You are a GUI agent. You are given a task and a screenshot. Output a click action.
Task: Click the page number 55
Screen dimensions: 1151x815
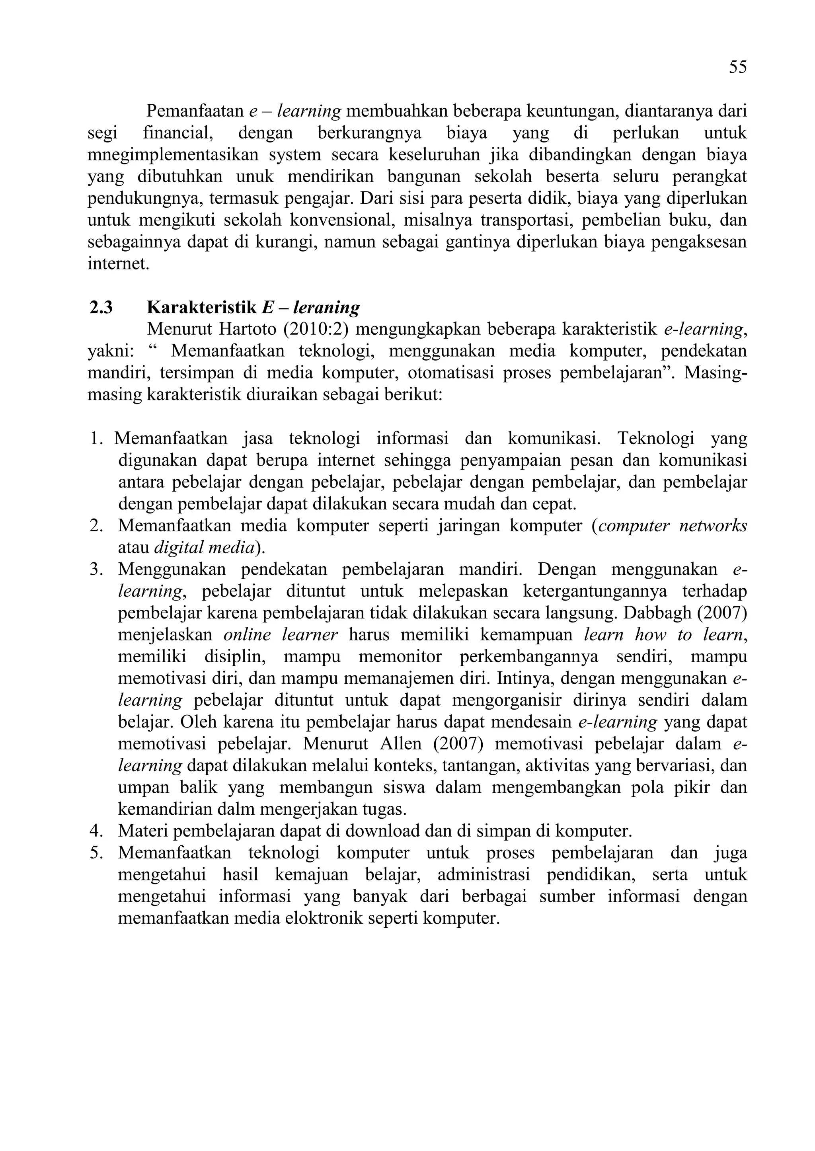pos(738,67)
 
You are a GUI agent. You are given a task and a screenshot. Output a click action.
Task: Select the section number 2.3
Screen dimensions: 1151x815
pos(101,307)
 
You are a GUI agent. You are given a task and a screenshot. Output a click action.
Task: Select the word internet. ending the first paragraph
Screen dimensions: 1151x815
pos(119,264)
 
